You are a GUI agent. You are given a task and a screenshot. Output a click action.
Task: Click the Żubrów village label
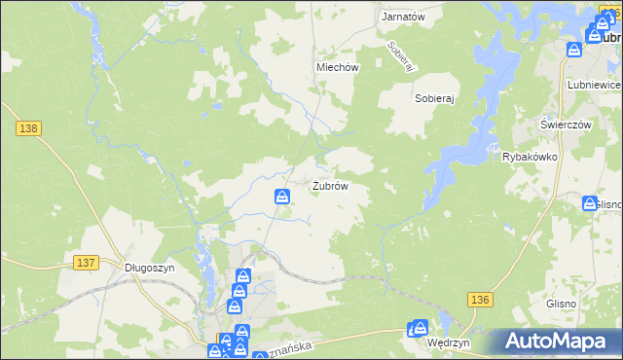(x=330, y=185)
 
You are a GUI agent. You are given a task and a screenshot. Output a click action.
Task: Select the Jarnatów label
(x=403, y=18)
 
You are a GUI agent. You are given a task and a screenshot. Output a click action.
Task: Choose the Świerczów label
(x=567, y=126)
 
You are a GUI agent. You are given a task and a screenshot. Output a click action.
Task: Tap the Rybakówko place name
(x=529, y=156)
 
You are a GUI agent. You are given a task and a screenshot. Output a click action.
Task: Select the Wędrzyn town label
(x=449, y=343)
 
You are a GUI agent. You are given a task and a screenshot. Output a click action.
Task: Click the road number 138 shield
(x=26, y=127)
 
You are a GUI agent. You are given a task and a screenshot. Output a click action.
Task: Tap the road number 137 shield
(x=86, y=263)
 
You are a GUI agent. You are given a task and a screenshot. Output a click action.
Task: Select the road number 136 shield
(x=479, y=300)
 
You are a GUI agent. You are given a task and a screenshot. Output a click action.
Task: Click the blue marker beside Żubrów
(x=281, y=197)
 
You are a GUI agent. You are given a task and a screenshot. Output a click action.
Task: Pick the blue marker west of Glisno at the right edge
(x=590, y=203)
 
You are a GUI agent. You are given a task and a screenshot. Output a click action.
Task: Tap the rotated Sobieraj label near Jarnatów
(x=401, y=56)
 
